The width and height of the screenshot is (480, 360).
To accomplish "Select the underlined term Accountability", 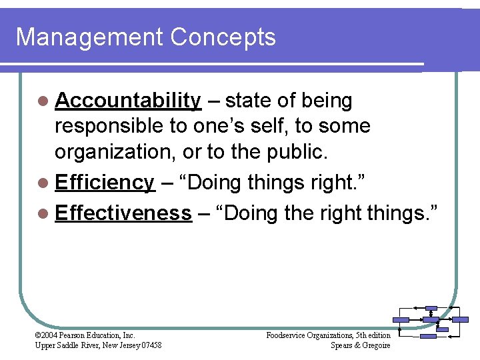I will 128,101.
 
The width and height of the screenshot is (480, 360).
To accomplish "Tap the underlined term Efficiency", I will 105,183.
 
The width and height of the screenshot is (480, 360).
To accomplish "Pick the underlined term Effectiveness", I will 123,213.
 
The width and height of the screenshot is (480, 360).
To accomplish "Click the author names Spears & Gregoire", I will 360,345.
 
